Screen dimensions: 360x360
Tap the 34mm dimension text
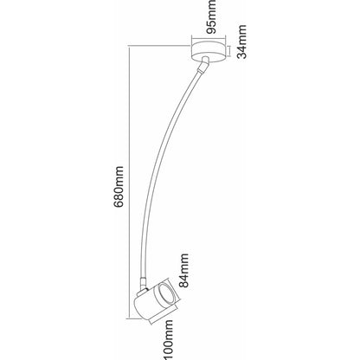(242, 42)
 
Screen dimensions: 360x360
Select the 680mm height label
(119, 187)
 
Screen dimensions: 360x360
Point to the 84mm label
(183, 271)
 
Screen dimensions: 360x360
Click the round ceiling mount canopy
(208, 52)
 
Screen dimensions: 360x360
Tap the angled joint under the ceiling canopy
(203, 65)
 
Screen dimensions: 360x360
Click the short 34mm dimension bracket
(230, 51)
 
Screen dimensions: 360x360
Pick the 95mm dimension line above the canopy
(208, 38)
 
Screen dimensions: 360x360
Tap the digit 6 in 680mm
(119, 203)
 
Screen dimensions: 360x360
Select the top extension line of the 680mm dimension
(159, 46)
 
